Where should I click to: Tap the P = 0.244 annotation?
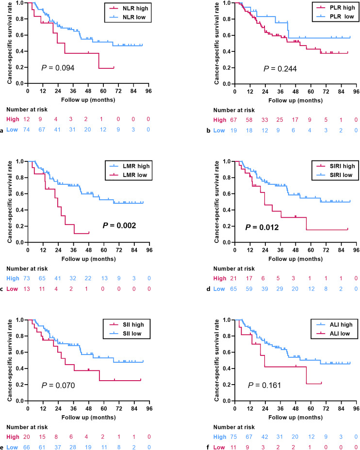point(280,68)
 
